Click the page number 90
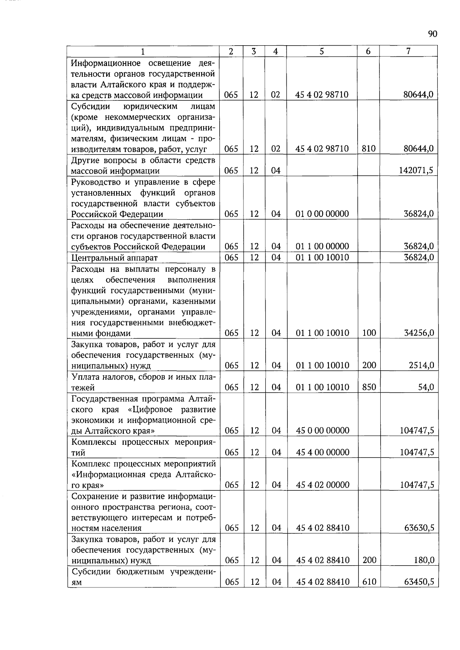coord(432,34)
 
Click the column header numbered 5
coord(322,51)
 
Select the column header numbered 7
coord(409,51)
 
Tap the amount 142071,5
coord(416,170)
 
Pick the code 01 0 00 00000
coord(322,214)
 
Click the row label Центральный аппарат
coord(115,258)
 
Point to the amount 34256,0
coord(419,333)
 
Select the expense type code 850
coord(369,387)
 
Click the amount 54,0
coord(426,387)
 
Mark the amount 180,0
coord(424,560)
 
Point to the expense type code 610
coord(369,582)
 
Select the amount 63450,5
coord(419,582)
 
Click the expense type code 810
coord(368,149)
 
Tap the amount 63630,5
coord(419,528)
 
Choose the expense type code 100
coord(369,333)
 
